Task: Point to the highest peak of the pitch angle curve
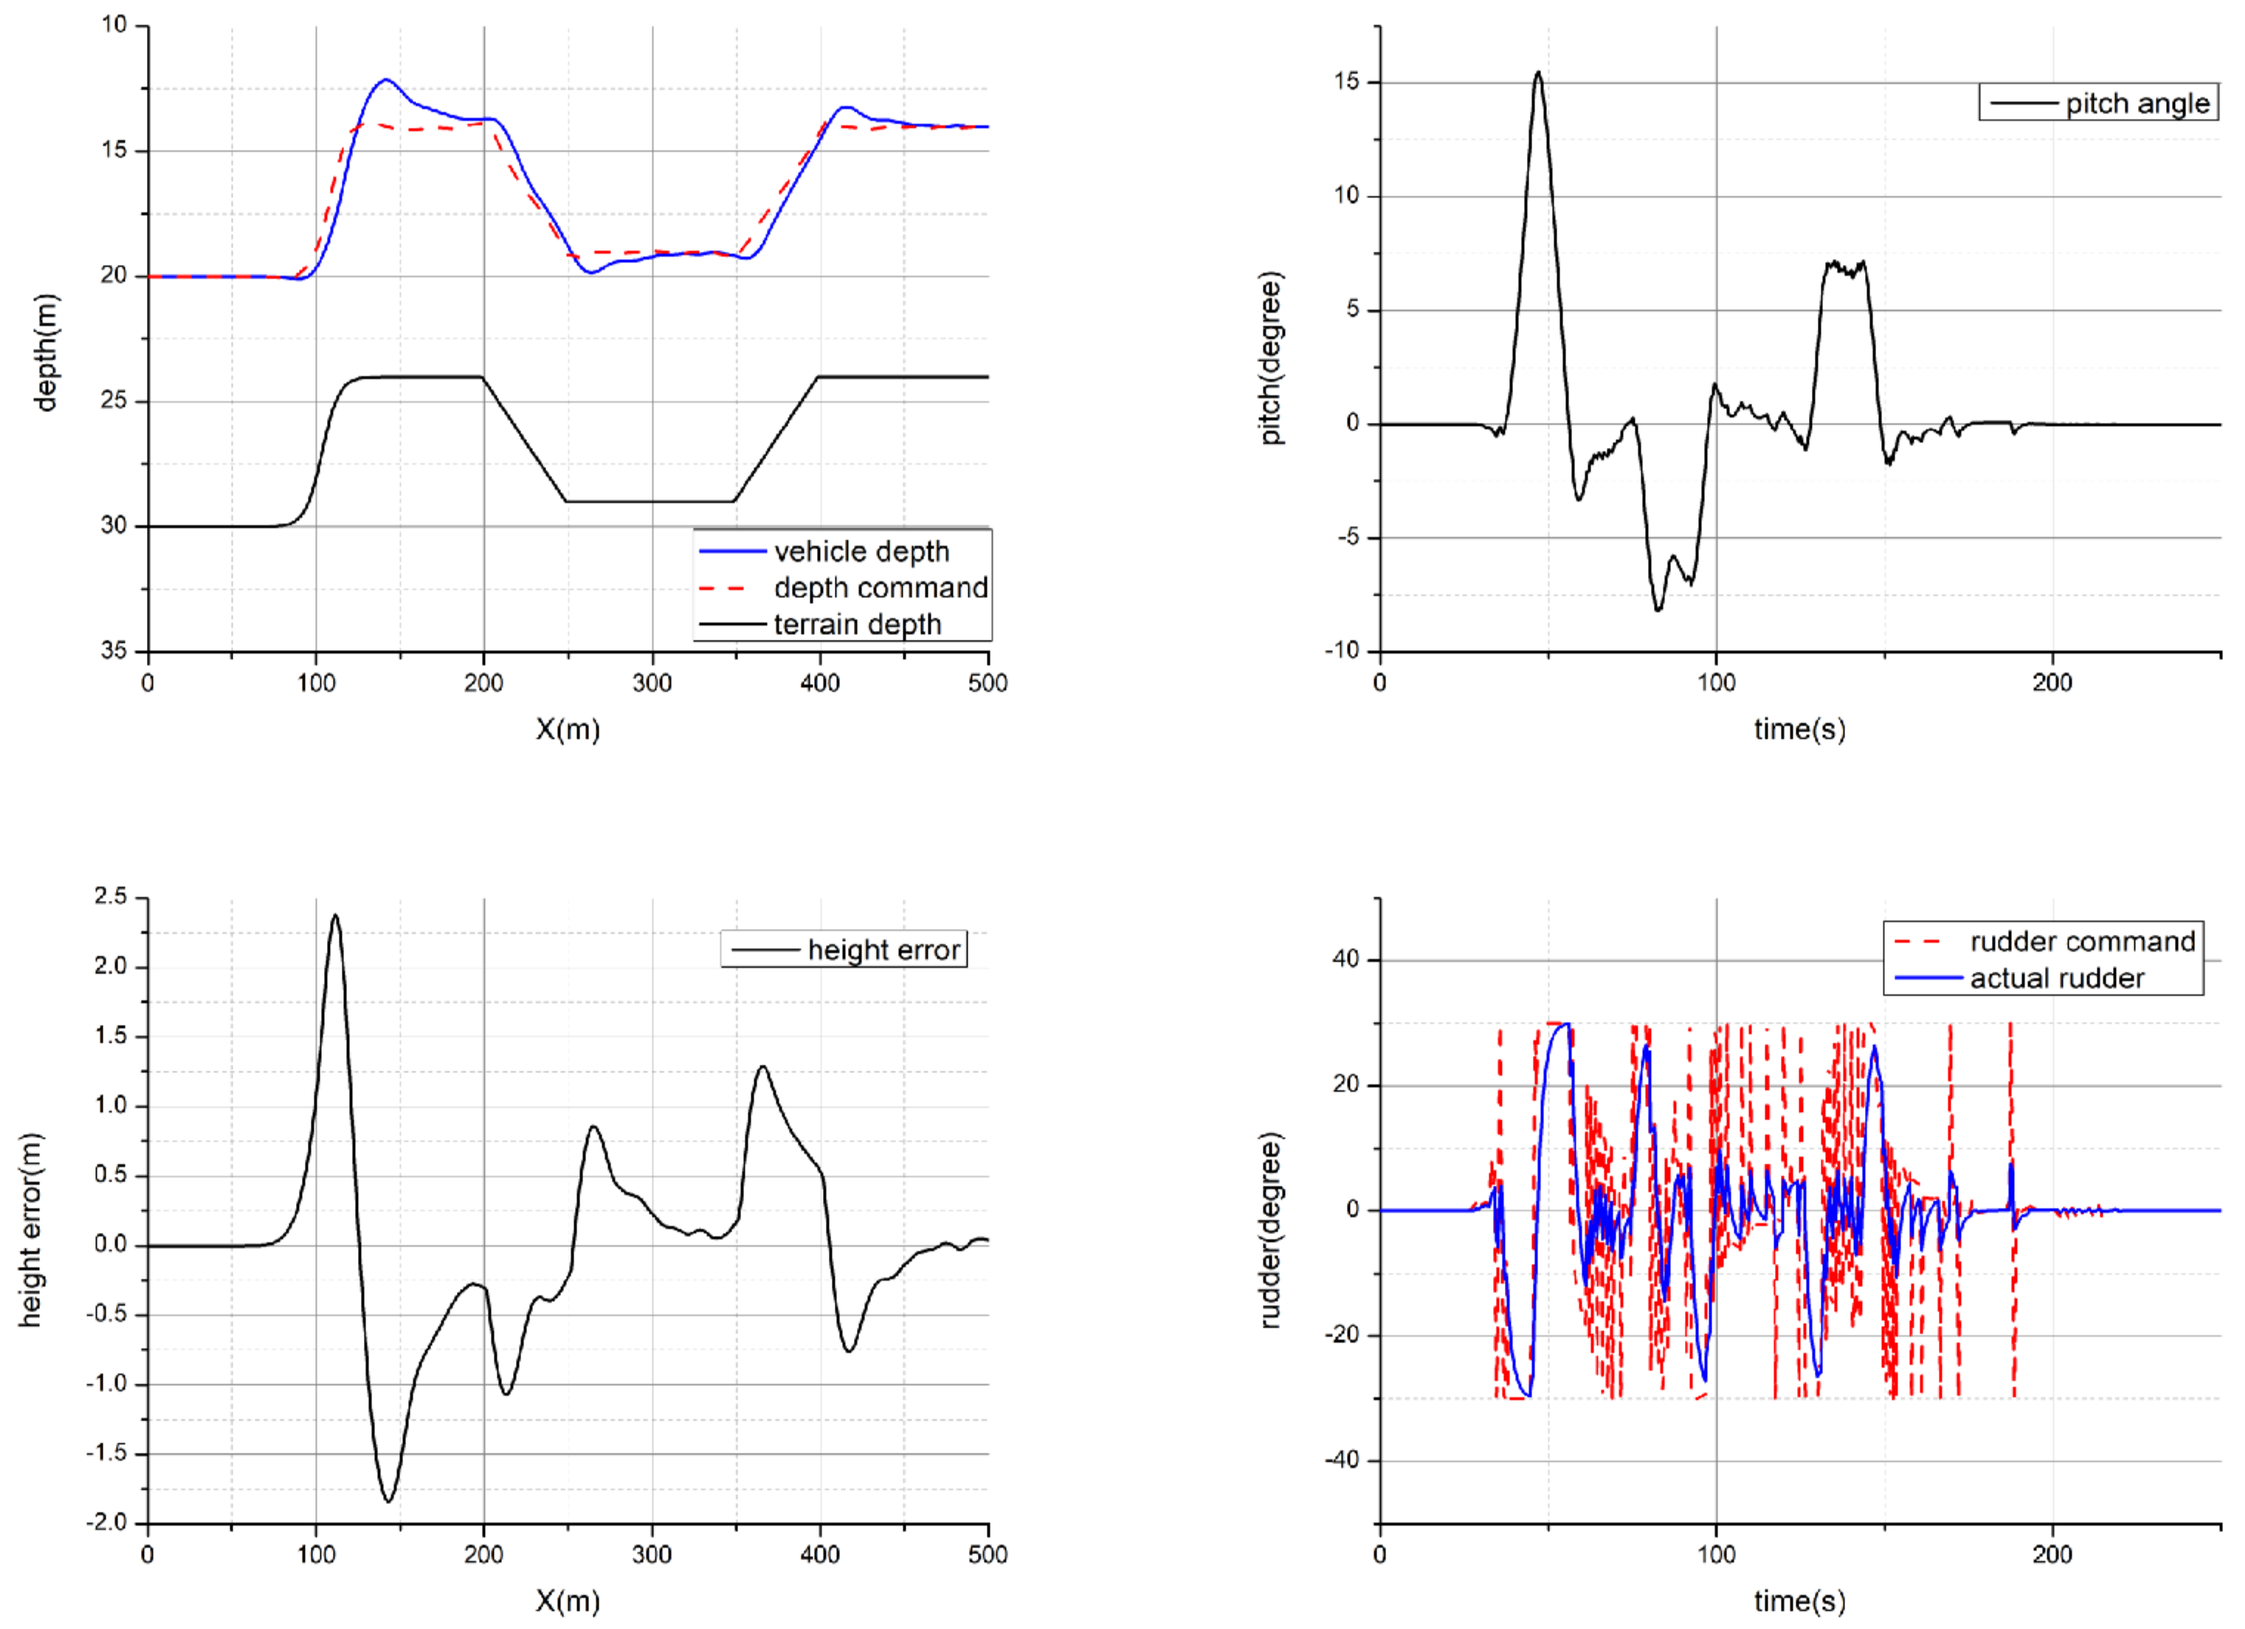(1537, 72)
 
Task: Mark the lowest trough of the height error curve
(388, 1501)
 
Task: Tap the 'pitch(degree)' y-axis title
(1271, 359)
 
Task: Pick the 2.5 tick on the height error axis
(110, 896)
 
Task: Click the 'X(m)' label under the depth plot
(568, 730)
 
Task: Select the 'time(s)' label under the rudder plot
(1799, 1600)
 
